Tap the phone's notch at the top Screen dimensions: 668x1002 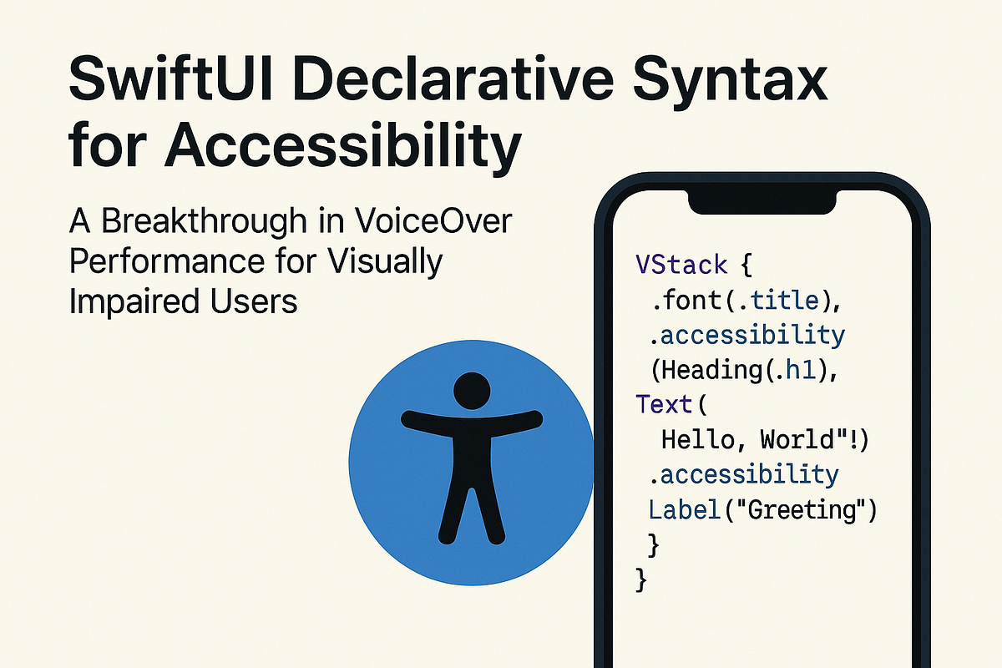762,201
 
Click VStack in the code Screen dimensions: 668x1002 678,265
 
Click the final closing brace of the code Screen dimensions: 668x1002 641,579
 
